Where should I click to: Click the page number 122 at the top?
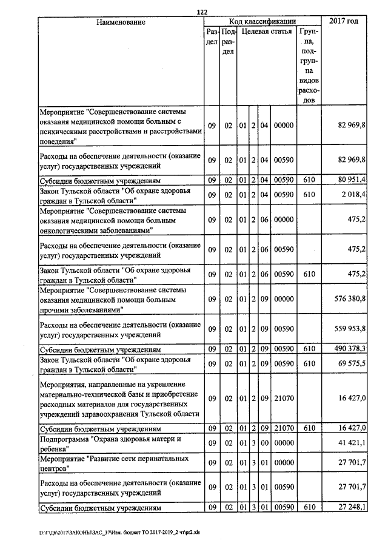pyautogui.click(x=202, y=12)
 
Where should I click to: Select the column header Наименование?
pyautogui.click(x=121, y=22)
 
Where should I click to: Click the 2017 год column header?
pyautogui.click(x=344, y=22)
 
